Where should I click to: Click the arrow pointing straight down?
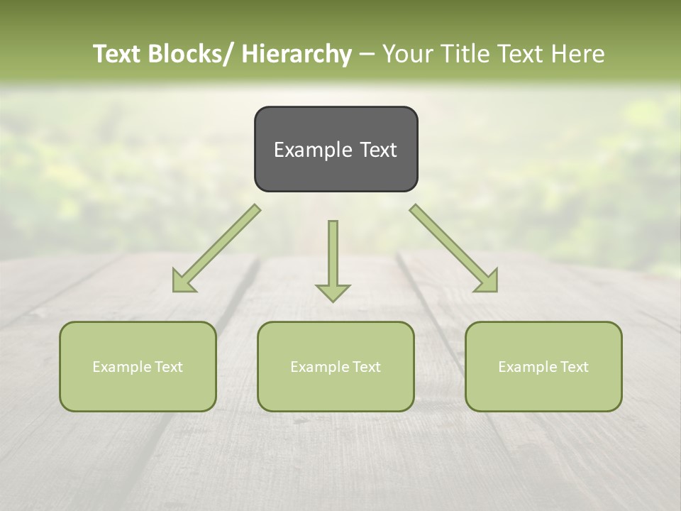click(x=333, y=259)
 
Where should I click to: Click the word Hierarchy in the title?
click(x=297, y=54)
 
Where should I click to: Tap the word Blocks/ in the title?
click(x=195, y=54)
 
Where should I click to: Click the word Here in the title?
click(x=580, y=54)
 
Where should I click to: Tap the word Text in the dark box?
click(x=378, y=150)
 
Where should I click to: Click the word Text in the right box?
click(x=573, y=367)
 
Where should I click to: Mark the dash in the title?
click(x=367, y=55)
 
